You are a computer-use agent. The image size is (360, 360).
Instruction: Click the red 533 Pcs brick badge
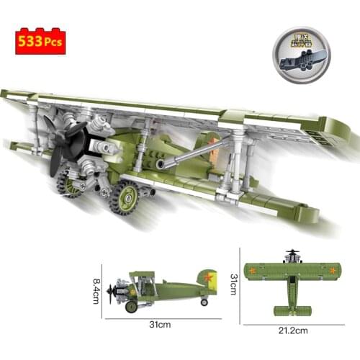[40, 41]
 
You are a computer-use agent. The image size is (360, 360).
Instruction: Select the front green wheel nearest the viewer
[124, 197]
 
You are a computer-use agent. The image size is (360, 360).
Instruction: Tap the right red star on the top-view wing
[333, 271]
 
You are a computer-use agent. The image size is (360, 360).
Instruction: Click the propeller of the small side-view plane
[110, 291]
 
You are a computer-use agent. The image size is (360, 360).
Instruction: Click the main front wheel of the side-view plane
[131, 307]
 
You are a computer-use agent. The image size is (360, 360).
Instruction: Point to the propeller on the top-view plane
[292, 254]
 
